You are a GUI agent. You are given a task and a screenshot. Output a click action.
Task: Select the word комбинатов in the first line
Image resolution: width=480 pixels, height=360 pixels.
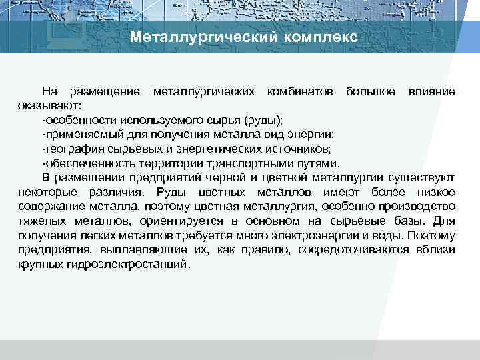point(300,90)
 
